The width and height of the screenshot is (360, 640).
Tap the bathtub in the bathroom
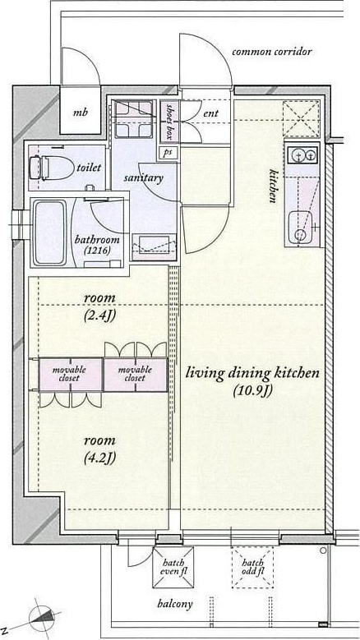pos(48,233)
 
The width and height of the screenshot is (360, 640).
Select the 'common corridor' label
pos(272,52)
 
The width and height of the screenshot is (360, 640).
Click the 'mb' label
pos(80,113)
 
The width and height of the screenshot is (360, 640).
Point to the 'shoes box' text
pos(170,121)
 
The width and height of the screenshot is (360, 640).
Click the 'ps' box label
pos(168,153)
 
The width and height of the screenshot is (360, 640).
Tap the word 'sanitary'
pos(143,178)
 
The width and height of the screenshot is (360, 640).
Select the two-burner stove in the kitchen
pos(302,154)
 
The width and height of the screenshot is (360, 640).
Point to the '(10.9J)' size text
pos(252,391)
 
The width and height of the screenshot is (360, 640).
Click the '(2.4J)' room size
pos(99,316)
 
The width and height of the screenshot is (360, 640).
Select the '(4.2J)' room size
pos(99,458)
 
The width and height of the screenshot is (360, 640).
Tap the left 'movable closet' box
pos(70,375)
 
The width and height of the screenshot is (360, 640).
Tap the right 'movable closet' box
pos(135,375)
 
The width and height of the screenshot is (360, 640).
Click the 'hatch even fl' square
pos(173,568)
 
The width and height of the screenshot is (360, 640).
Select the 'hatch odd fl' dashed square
pos(252,568)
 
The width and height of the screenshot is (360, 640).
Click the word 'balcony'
pos(175,604)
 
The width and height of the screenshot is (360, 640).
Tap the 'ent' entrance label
pos(210,113)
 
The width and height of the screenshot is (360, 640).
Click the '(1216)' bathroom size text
pos(97,251)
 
